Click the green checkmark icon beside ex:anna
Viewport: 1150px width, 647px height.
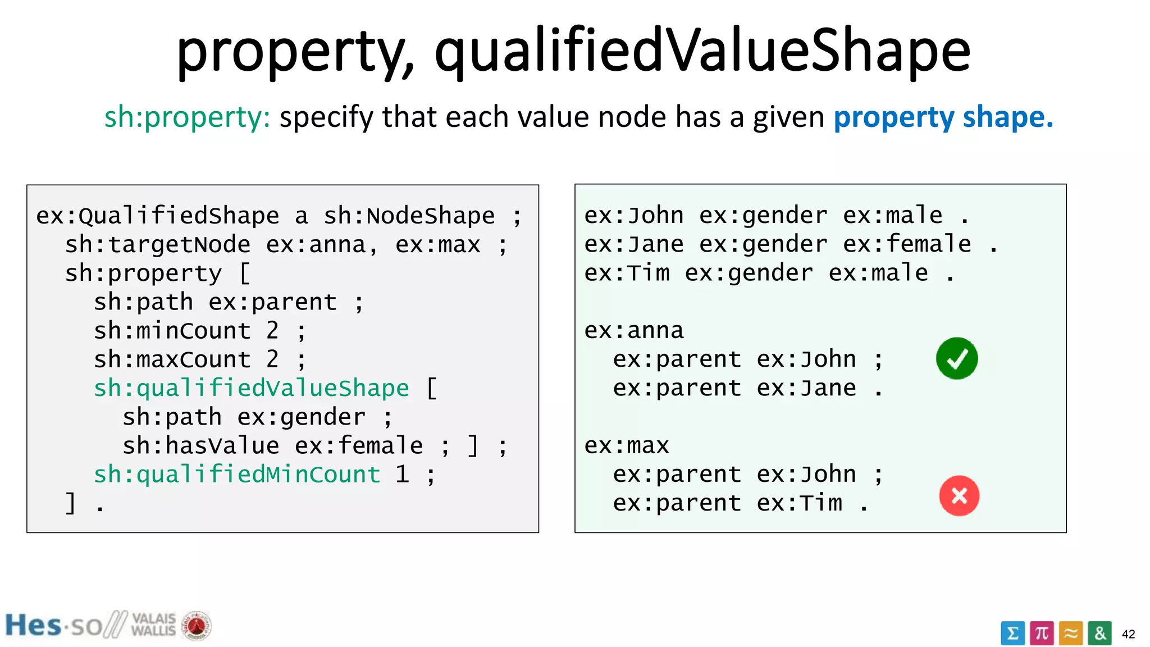[x=957, y=358]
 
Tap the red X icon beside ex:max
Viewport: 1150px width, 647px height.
[x=959, y=495]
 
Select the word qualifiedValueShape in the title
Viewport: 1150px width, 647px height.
[x=702, y=52]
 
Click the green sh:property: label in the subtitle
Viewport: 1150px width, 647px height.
[x=187, y=117]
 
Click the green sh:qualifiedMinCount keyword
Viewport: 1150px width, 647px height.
[x=237, y=475]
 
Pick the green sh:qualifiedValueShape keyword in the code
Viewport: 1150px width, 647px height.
[x=251, y=388]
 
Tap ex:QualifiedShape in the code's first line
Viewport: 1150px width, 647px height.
[x=157, y=216]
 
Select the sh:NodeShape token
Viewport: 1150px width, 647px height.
[x=409, y=216]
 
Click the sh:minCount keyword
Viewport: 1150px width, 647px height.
[x=172, y=331]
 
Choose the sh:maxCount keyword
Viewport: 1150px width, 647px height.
[x=172, y=359]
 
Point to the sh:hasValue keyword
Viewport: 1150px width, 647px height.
[x=200, y=446]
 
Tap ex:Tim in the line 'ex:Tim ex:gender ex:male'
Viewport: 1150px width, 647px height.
[x=627, y=273]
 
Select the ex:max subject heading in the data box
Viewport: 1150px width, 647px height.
[x=627, y=446]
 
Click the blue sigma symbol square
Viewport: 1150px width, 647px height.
[x=1012, y=634]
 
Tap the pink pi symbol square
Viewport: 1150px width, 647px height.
[x=1042, y=634]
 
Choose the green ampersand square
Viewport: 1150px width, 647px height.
[x=1099, y=634]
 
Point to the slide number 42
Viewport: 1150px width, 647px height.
[x=1128, y=634]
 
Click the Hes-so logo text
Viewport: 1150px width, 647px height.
[x=53, y=626]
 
